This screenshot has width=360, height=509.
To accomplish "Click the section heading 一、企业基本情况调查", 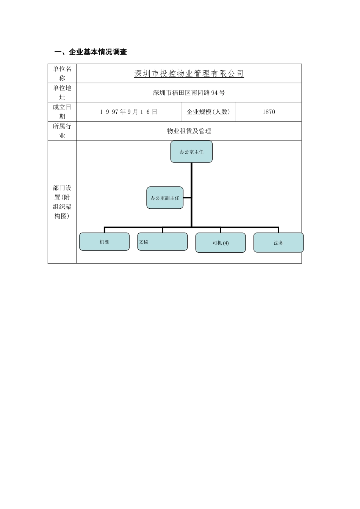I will (x=91, y=52).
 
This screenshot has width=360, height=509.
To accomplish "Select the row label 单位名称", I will (x=62, y=73).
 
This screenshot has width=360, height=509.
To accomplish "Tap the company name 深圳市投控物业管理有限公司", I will (x=189, y=74).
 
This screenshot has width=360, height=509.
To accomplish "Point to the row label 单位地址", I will (x=62, y=92).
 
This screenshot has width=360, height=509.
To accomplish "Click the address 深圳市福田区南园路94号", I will (x=189, y=93).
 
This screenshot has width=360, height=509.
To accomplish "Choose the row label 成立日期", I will (x=62, y=112).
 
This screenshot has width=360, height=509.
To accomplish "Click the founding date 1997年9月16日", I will (x=128, y=112).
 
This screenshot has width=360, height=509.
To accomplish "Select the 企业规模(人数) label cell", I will (x=208, y=112).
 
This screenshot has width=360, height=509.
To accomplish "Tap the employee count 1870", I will (x=269, y=112).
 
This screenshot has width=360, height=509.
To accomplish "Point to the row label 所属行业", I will (x=62, y=131).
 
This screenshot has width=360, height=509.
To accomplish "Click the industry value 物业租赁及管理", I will (x=189, y=131).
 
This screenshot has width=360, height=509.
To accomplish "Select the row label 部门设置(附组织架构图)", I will (x=62, y=202).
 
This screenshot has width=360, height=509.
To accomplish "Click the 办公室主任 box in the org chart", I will (x=191, y=152).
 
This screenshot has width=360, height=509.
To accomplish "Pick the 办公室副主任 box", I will (x=165, y=198).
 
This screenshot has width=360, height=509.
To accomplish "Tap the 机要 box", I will (x=104, y=242).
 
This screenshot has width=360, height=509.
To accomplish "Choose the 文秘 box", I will (x=162, y=242).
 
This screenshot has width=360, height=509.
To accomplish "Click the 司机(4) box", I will (x=221, y=243).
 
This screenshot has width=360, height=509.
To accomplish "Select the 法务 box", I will (x=279, y=243).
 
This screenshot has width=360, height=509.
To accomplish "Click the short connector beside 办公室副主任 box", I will (x=187, y=198).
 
